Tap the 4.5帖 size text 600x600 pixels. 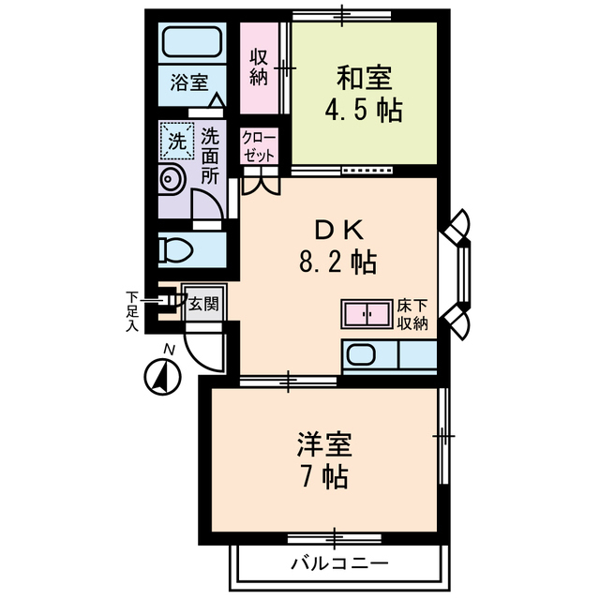click(x=364, y=111)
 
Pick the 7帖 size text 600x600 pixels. click(x=324, y=476)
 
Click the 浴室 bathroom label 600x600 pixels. click(x=190, y=82)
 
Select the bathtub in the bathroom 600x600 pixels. click(x=190, y=42)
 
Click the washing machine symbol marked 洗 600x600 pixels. click(x=175, y=142)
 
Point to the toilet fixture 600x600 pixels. click(x=178, y=249)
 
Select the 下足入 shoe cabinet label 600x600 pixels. click(x=133, y=311)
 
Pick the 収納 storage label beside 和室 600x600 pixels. click(x=260, y=66)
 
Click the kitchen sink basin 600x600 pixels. click(x=362, y=356)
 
